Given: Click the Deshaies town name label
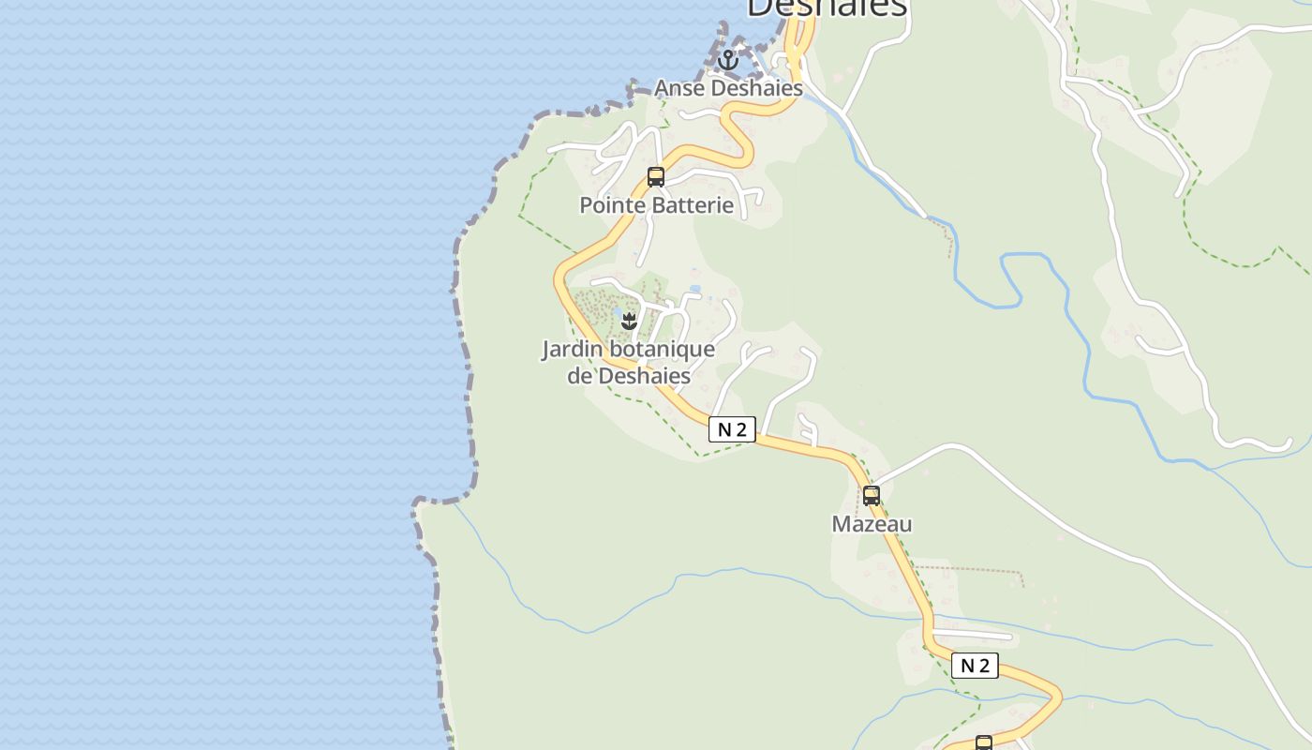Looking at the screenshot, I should point(827,7).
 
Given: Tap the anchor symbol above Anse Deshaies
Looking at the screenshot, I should point(728,61).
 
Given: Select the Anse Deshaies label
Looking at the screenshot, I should point(728,88).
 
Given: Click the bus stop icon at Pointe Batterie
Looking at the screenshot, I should point(656,176).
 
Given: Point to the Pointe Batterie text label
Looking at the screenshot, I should point(656,204).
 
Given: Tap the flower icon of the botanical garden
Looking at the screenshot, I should point(629,322).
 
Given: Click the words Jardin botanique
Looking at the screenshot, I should point(628,350).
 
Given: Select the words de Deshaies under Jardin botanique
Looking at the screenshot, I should point(629,376).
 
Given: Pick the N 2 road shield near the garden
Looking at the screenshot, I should point(731,429).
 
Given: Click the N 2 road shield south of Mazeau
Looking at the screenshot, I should point(975,666).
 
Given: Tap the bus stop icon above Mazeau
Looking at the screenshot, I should point(872,495).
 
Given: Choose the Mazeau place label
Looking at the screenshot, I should point(872,524).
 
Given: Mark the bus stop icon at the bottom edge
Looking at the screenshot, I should point(984,743).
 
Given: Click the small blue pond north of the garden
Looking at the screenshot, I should point(694,289).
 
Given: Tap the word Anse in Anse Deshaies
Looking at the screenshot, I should point(677,88).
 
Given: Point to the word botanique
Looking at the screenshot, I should point(662,350).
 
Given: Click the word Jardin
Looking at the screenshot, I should point(573,350).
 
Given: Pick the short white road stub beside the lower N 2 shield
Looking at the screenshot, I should point(975,637).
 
